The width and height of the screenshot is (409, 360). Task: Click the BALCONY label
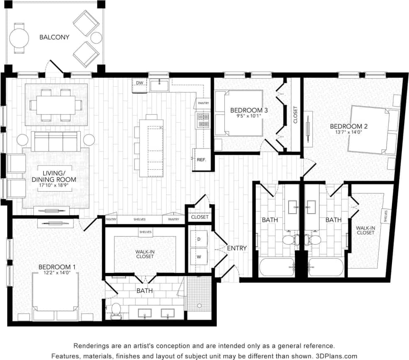[54, 37]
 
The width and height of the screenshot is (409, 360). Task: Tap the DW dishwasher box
[140, 83]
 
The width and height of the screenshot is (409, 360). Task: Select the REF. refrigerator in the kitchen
[202, 159]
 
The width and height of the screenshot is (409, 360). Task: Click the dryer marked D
[198, 240]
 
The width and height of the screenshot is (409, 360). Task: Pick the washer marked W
[198, 257]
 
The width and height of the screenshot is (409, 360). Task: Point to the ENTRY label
[237, 248]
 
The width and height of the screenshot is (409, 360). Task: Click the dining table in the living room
[56, 105]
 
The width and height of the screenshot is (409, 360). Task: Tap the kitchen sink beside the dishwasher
[160, 86]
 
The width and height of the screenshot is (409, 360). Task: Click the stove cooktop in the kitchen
[203, 120]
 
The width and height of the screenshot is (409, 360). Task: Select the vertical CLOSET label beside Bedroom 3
[295, 115]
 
